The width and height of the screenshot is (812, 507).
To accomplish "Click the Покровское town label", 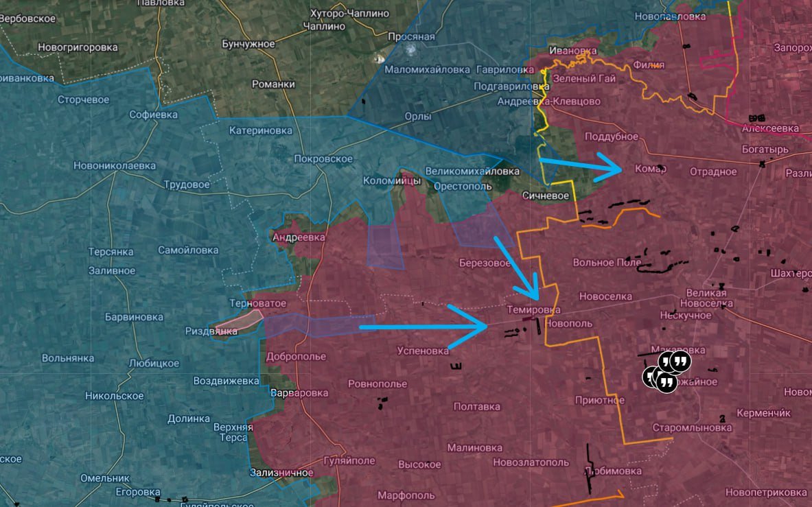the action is [x=323, y=159].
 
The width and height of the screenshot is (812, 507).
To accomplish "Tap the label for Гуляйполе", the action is [x=349, y=461].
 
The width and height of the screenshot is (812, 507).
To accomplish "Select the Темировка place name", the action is [x=533, y=310].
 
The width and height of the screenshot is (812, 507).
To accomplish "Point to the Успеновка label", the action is [x=423, y=351].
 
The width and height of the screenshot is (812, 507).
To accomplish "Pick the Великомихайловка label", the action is [x=472, y=171].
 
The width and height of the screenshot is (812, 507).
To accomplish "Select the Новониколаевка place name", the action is [x=115, y=165].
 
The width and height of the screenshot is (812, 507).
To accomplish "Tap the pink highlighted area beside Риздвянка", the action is [x=237, y=321].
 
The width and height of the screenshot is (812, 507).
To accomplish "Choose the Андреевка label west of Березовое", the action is [x=299, y=237].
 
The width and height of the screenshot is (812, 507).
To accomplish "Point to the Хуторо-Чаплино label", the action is [x=349, y=14].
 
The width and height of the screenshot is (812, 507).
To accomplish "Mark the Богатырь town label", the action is [x=765, y=149].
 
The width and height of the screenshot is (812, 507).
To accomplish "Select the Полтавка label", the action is [x=476, y=406].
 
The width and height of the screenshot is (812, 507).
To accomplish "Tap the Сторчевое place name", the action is [x=83, y=99].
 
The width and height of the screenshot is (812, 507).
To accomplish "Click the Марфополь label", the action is [x=406, y=495].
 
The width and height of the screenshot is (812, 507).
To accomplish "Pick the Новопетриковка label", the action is [x=765, y=493].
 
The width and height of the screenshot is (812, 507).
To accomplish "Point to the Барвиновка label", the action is [x=134, y=317].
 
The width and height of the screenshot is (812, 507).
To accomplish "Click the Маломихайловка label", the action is [x=427, y=69].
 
